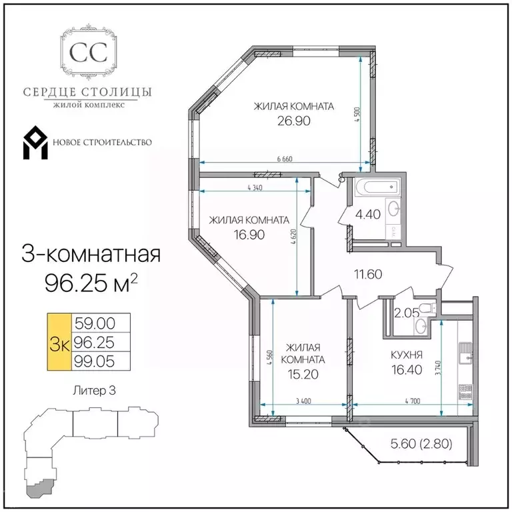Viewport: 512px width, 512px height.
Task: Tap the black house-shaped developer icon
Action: pyautogui.click(x=35, y=143)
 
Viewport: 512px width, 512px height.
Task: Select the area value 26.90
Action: pyautogui.click(x=294, y=121)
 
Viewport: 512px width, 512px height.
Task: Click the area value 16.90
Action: pyautogui.click(x=249, y=235)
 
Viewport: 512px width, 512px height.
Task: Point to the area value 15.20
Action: pyautogui.click(x=303, y=374)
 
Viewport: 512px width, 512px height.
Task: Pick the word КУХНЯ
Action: pyautogui.click(x=407, y=355)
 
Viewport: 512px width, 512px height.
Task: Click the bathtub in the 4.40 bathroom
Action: pyautogui.click(x=377, y=187)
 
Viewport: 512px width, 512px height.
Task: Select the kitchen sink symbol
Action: pyautogui.click(x=465, y=353)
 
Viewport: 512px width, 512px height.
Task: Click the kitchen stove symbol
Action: pyautogui.click(x=465, y=392)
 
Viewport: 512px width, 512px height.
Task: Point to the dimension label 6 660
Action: pyautogui.click(x=285, y=159)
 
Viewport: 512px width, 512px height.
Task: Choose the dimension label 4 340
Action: pyautogui.click(x=255, y=188)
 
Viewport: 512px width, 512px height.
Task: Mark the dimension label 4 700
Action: pyautogui.click(x=413, y=401)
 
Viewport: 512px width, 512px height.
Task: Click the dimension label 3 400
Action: pyautogui.click(x=304, y=401)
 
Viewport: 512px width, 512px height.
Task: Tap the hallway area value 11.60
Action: pyautogui.click(x=368, y=274)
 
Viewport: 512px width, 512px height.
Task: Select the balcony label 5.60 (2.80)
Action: pyautogui.click(x=421, y=444)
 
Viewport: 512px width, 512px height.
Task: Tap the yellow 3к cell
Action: pyautogui.click(x=59, y=342)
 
